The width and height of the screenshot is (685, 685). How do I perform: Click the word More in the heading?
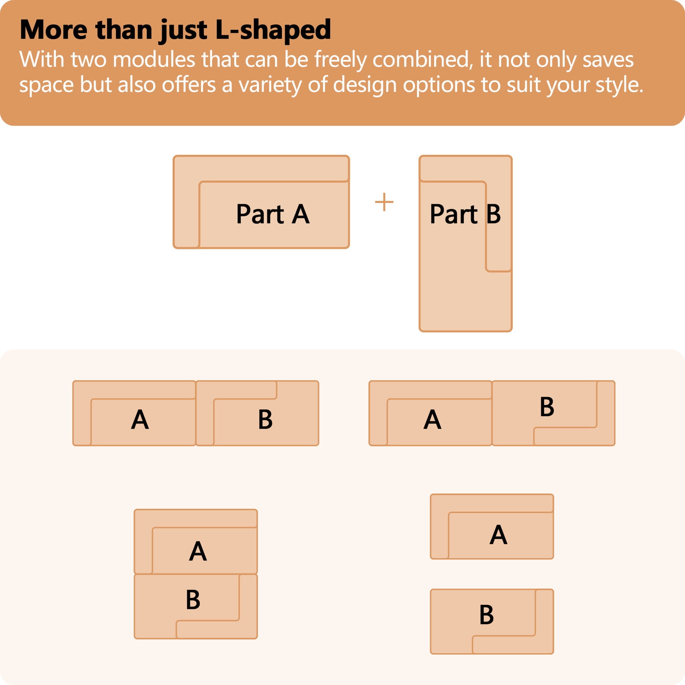coord(53,30)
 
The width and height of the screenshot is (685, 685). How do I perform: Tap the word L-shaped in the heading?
coord(273,30)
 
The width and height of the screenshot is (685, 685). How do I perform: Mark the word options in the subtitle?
coord(439,85)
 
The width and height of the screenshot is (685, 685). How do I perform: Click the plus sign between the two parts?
coord(384,202)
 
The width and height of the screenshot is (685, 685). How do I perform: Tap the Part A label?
coord(273,214)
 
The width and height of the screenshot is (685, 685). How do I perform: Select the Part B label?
coord(465,214)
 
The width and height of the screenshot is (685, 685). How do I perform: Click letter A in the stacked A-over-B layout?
coord(198,551)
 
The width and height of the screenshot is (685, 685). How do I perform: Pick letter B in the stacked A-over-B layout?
coord(193,600)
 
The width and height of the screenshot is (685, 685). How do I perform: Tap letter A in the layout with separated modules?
coord(498,535)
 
